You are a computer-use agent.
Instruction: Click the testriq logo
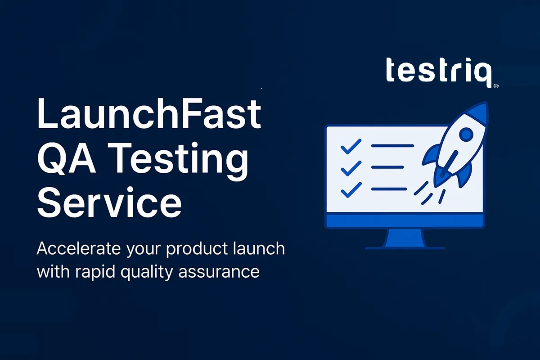[439, 72]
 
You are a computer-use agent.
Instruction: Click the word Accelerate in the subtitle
[74, 249]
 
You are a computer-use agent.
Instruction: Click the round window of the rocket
[466, 134]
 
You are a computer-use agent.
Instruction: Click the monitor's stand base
[405, 247]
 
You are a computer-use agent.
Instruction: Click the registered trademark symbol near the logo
[496, 85]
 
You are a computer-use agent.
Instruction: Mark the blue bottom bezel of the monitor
[405, 221]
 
